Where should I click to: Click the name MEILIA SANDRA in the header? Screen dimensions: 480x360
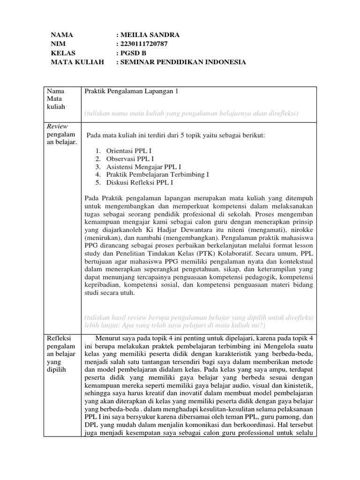pos(150,35)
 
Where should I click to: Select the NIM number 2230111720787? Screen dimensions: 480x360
pos(143,44)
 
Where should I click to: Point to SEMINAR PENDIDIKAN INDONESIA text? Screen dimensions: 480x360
pos(183,62)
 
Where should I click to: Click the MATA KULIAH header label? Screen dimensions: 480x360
pos(77,62)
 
